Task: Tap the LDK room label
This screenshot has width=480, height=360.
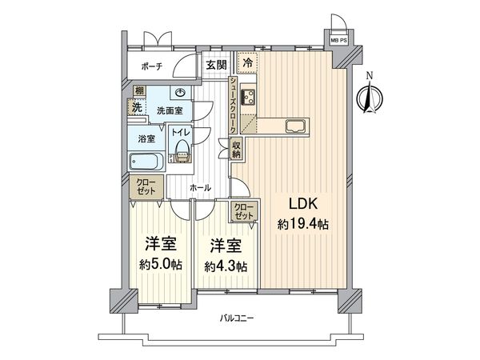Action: click(x=290, y=202)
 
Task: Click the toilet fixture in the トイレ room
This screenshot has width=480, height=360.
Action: click(x=183, y=150)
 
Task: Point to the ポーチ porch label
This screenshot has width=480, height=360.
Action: click(x=150, y=66)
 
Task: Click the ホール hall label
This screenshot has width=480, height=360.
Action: click(x=200, y=187)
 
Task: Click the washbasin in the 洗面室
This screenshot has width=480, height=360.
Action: click(x=182, y=92)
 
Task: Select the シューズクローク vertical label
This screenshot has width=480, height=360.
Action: click(x=232, y=106)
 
